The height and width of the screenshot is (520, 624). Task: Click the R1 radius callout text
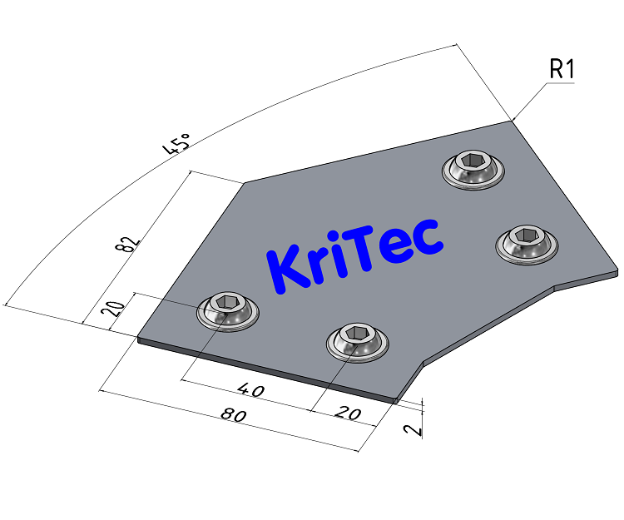(x=562, y=71)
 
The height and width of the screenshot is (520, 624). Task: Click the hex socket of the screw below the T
(x=357, y=334)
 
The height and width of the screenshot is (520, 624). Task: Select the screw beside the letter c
(x=527, y=244)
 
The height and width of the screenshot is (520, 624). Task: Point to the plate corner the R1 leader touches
(x=511, y=121)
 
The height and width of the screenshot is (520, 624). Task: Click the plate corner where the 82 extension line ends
(x=244, y=183)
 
